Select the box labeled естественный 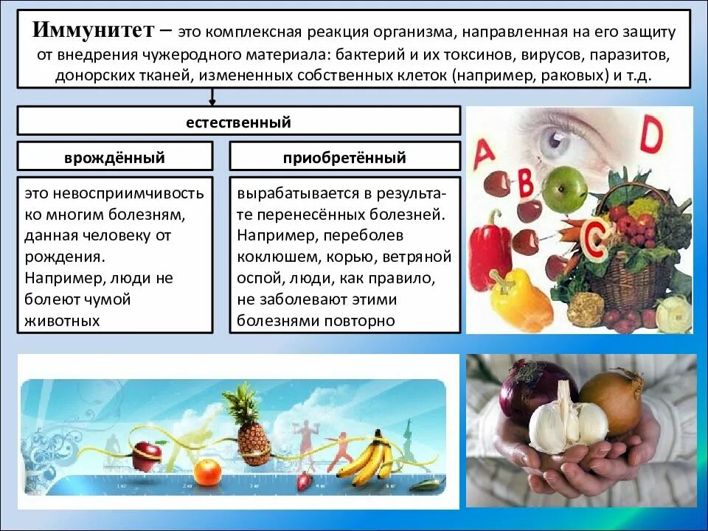point(238,122)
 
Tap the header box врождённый point(114,158)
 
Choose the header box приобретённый point(344,158)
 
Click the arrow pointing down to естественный point(212,97)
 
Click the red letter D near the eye point(652,135)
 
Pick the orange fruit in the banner point(206,471)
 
